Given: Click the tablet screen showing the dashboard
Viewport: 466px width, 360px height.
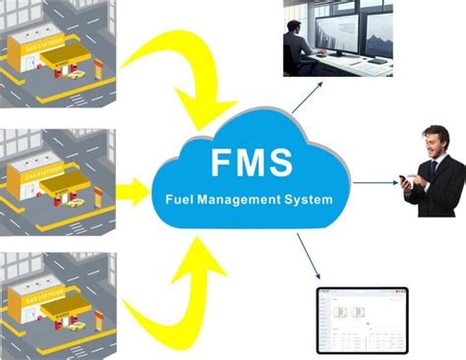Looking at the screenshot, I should [x=361, y=321].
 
